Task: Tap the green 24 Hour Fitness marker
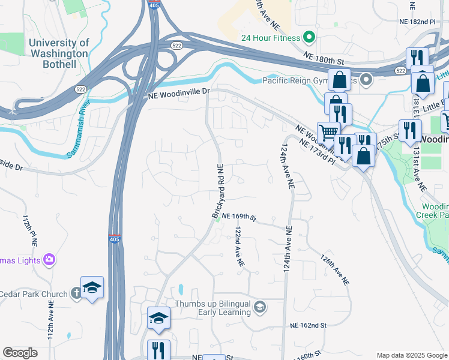pos(310,38)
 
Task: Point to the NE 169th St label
pos(238,217)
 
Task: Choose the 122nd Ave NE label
pos(239,246)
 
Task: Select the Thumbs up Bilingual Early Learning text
pos(212,308)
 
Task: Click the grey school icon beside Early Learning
pos(260,308)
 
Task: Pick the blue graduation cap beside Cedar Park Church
pos(92,288)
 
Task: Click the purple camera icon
pos(49,260)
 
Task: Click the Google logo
pos(20,353)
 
